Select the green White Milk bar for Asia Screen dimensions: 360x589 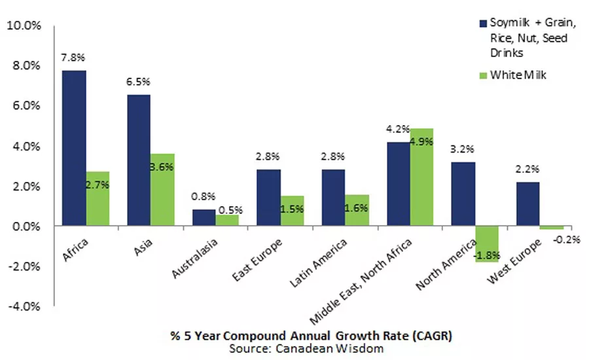coord(162,190)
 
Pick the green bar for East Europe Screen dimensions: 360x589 coord(292,211)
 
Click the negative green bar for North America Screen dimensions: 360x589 coord(487,244)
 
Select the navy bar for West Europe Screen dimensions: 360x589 coord(527,204)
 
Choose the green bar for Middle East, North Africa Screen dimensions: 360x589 coord(421,177)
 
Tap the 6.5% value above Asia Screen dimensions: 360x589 coord(139,82)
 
